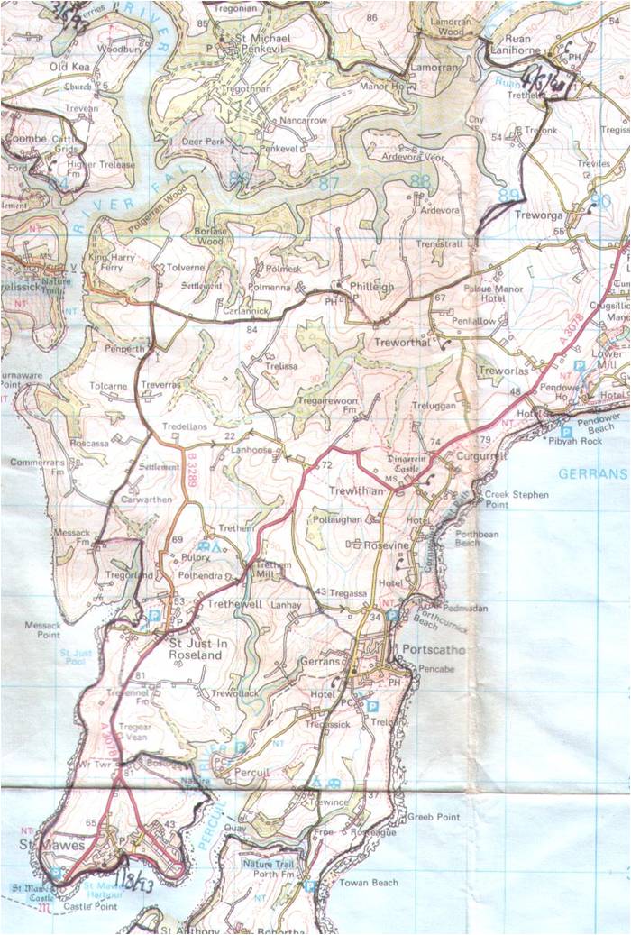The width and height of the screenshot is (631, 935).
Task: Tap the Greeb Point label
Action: [434, 817]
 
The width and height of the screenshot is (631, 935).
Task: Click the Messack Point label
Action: [36, 629]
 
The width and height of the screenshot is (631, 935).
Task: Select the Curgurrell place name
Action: [466, 457]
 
